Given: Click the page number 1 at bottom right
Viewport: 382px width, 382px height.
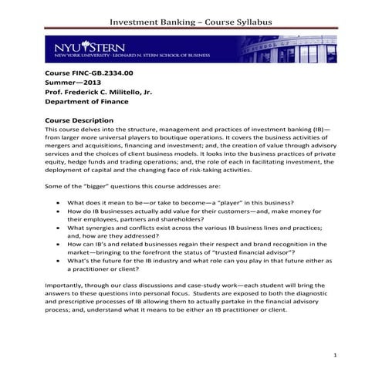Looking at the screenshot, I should click(x=336, y=354).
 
